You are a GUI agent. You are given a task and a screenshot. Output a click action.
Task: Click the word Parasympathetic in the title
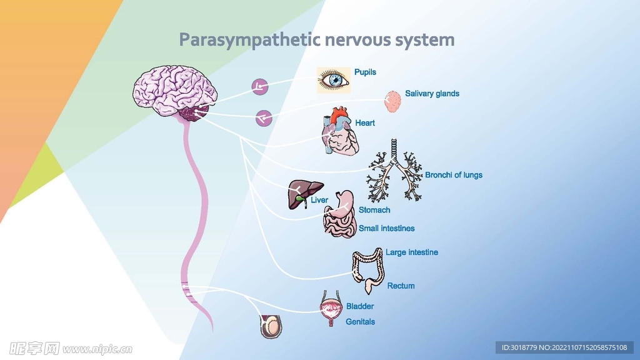tap(249, 41)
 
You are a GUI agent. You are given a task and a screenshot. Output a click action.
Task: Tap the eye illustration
tap(333, 80)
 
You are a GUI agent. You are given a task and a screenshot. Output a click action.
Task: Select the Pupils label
tap(365, 72)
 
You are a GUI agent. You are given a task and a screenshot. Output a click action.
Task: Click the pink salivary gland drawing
tap(392, 101)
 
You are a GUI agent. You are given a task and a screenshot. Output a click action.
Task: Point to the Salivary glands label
tap(432, 94)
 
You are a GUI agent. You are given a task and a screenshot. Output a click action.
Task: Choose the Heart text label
tap(365, 123)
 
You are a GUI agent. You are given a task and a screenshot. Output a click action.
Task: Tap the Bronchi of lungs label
tap(454, 175)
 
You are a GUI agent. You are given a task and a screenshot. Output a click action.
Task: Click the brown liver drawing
tap(304, 192)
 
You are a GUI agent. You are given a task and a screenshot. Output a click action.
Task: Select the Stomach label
tap(374, 210)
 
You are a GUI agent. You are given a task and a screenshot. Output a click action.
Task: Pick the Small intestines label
tap(386, 229)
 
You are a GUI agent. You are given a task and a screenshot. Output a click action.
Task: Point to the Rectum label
tap(401, 286)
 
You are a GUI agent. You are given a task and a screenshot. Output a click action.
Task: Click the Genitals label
tap(361, 322)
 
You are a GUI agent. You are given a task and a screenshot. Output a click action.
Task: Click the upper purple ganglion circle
tap(260, 87)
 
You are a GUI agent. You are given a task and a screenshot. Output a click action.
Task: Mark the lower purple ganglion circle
tap(264, 117)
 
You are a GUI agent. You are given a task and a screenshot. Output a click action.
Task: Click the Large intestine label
tap(412, 252)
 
